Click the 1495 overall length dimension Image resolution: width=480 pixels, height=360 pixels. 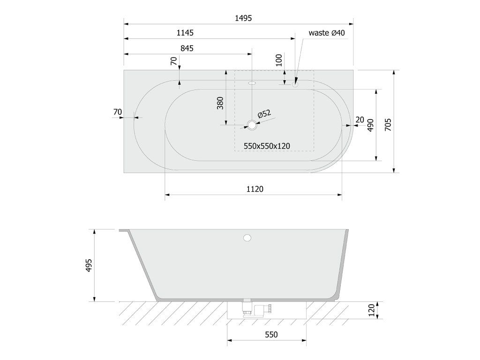243,18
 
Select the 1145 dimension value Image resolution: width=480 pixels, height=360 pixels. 185,33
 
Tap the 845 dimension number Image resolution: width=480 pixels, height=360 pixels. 187,48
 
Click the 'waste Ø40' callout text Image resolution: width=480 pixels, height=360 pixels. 327,33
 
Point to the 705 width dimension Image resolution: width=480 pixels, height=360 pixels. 388,125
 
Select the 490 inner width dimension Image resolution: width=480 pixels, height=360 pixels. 370,125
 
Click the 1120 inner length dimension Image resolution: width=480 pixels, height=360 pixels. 255,189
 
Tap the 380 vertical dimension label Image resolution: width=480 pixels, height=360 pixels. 220,103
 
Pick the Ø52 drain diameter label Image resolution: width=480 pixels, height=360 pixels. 264,114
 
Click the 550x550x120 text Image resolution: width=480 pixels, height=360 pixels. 267,146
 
